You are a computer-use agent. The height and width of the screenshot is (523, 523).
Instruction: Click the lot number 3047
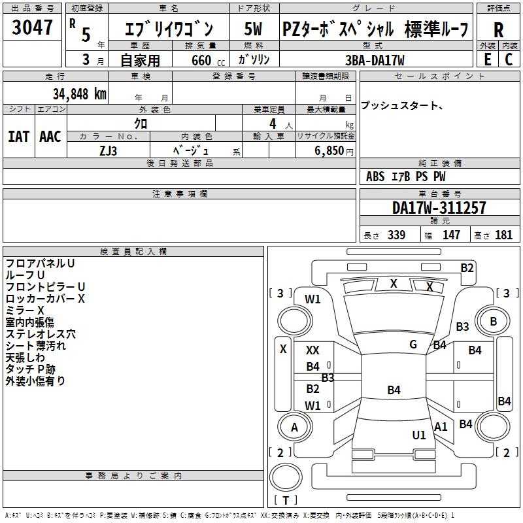[32, 28]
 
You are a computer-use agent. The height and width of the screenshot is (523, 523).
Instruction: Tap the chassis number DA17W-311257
[439, 208]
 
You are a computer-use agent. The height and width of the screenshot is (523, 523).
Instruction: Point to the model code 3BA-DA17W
[373, 59]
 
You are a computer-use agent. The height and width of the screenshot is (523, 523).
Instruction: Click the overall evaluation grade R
[499, 29]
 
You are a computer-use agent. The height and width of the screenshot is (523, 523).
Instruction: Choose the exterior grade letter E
[487, 59]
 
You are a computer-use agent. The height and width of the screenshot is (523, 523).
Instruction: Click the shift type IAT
[18, 137]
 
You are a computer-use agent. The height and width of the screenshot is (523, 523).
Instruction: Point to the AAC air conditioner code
[50, 137]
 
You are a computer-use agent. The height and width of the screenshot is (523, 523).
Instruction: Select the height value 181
[504, 235]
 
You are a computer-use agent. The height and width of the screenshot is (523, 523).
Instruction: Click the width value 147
[451, 235]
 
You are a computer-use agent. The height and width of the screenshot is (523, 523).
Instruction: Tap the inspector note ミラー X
[25, 310]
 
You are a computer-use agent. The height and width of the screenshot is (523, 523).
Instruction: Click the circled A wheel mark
[294, 428]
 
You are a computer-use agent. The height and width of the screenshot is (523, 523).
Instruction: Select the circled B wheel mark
[493, 322]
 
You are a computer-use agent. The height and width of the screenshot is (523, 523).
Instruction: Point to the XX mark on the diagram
[312, 351]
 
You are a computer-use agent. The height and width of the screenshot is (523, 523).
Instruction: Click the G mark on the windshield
[413, 345]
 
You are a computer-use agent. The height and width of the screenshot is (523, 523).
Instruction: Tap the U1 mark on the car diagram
[419, 435]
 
